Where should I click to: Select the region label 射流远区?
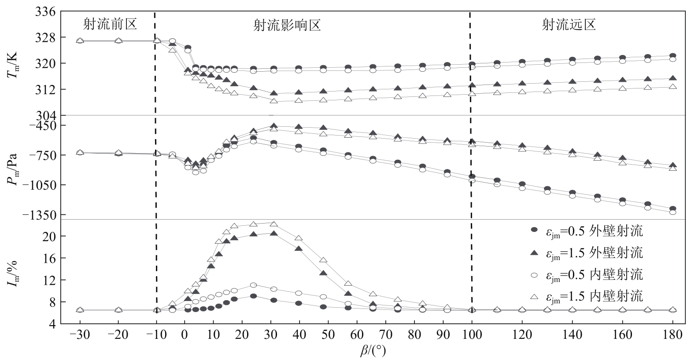click(x=569, y=24)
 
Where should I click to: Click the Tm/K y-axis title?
click(x=12, y=63)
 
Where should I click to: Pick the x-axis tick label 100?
click(x=472, y=335)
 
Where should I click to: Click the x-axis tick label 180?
click(x=673, y=335)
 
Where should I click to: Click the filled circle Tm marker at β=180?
click(x=673, y=56)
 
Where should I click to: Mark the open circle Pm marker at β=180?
click(x=673, y=212)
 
